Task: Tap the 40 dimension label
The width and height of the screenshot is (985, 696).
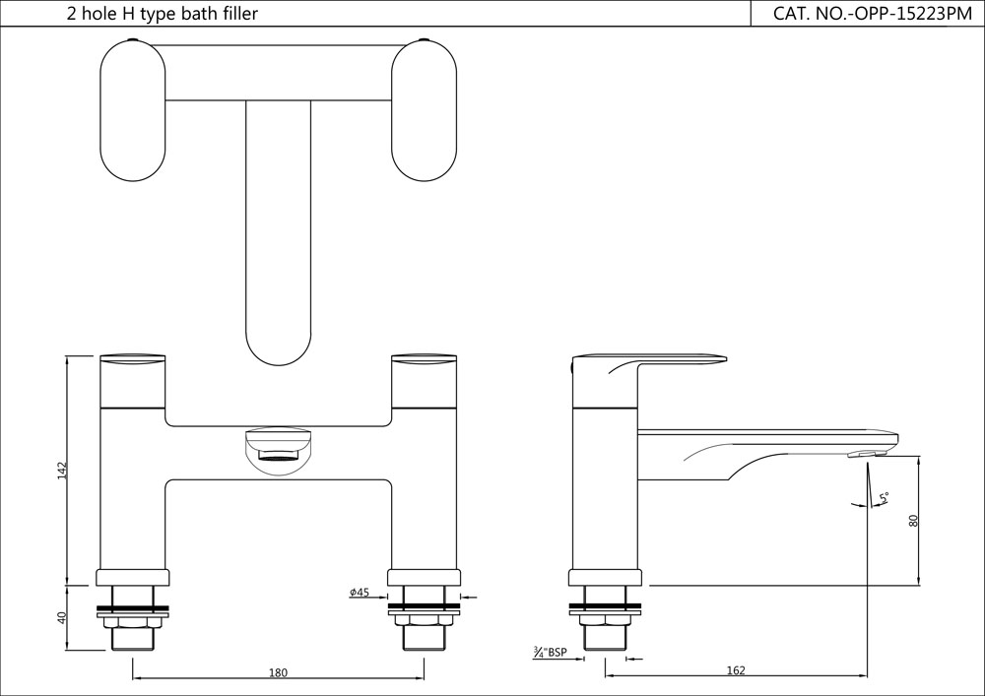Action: click(x=61, y=618)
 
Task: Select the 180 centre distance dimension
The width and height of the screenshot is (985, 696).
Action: click(x=278, y=672)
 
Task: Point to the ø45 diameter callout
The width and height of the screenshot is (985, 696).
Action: click(x=360, y=593)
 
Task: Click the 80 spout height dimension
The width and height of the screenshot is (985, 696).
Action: click(x=913, y=521)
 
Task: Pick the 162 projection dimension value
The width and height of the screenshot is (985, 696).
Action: click(x=735, y=670)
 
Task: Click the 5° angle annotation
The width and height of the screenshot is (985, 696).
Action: click(x=884, y=499)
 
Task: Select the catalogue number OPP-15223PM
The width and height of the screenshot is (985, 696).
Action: click(x=866, y=14)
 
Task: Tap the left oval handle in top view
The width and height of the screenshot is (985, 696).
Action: click(x=133, y=109)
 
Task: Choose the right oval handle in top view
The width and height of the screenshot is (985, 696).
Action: click(x=425, y=109)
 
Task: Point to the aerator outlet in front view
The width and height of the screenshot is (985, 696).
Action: click(x=277, y=454)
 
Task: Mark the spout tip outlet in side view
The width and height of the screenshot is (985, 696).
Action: click(x=867, y=454)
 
